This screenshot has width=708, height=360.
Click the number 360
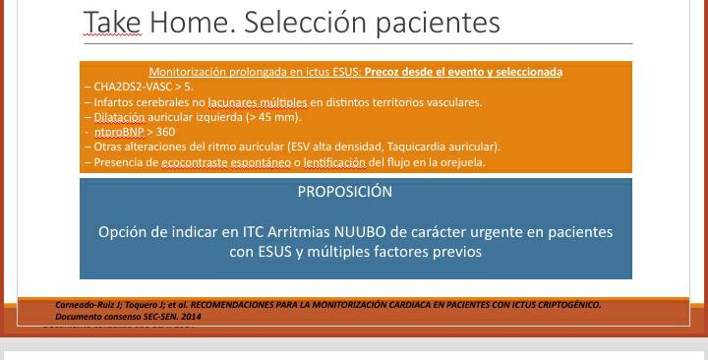click(165, 131)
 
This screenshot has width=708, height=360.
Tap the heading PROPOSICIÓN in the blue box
click(344, 192)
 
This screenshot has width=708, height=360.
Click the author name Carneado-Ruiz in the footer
click(86, 305)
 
